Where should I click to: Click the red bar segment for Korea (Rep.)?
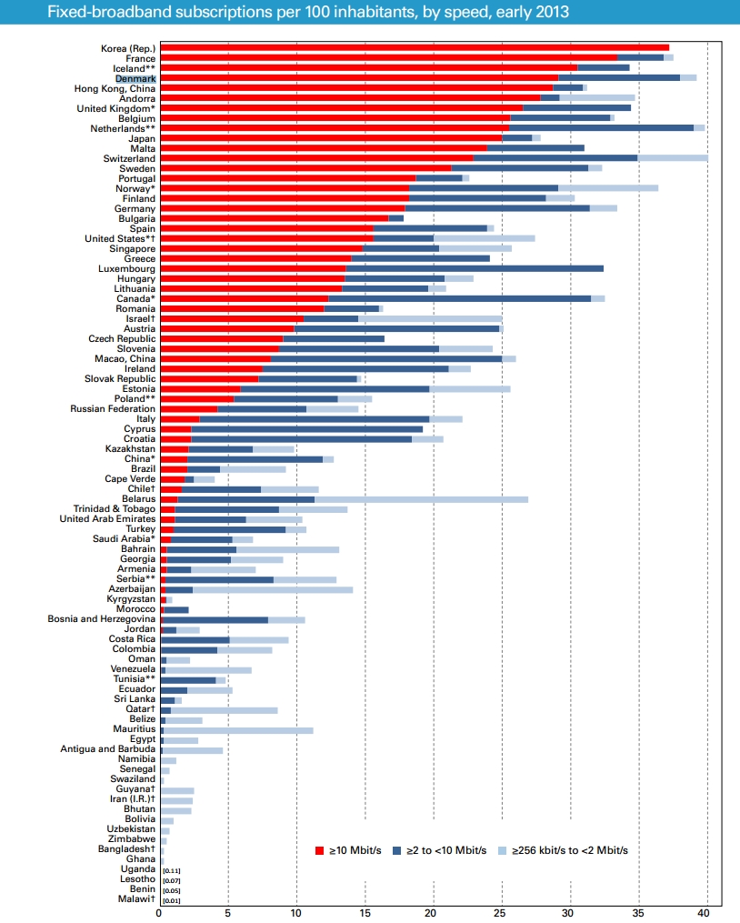click(415, 47)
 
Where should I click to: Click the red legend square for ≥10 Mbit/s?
click(319, 850)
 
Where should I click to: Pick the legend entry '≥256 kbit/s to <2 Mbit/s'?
click(569, 850)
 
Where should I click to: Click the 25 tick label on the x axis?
click(501, 912)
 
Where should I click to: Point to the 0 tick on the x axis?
click(160, 912)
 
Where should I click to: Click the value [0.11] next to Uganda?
click(171, 870)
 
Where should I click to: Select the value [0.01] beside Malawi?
click(171, 900)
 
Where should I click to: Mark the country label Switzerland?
click(129, 158)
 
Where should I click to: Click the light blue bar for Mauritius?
click(238, 730)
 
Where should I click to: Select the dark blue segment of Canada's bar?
click(459, 298)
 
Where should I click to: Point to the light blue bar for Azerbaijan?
click(273, 590)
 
